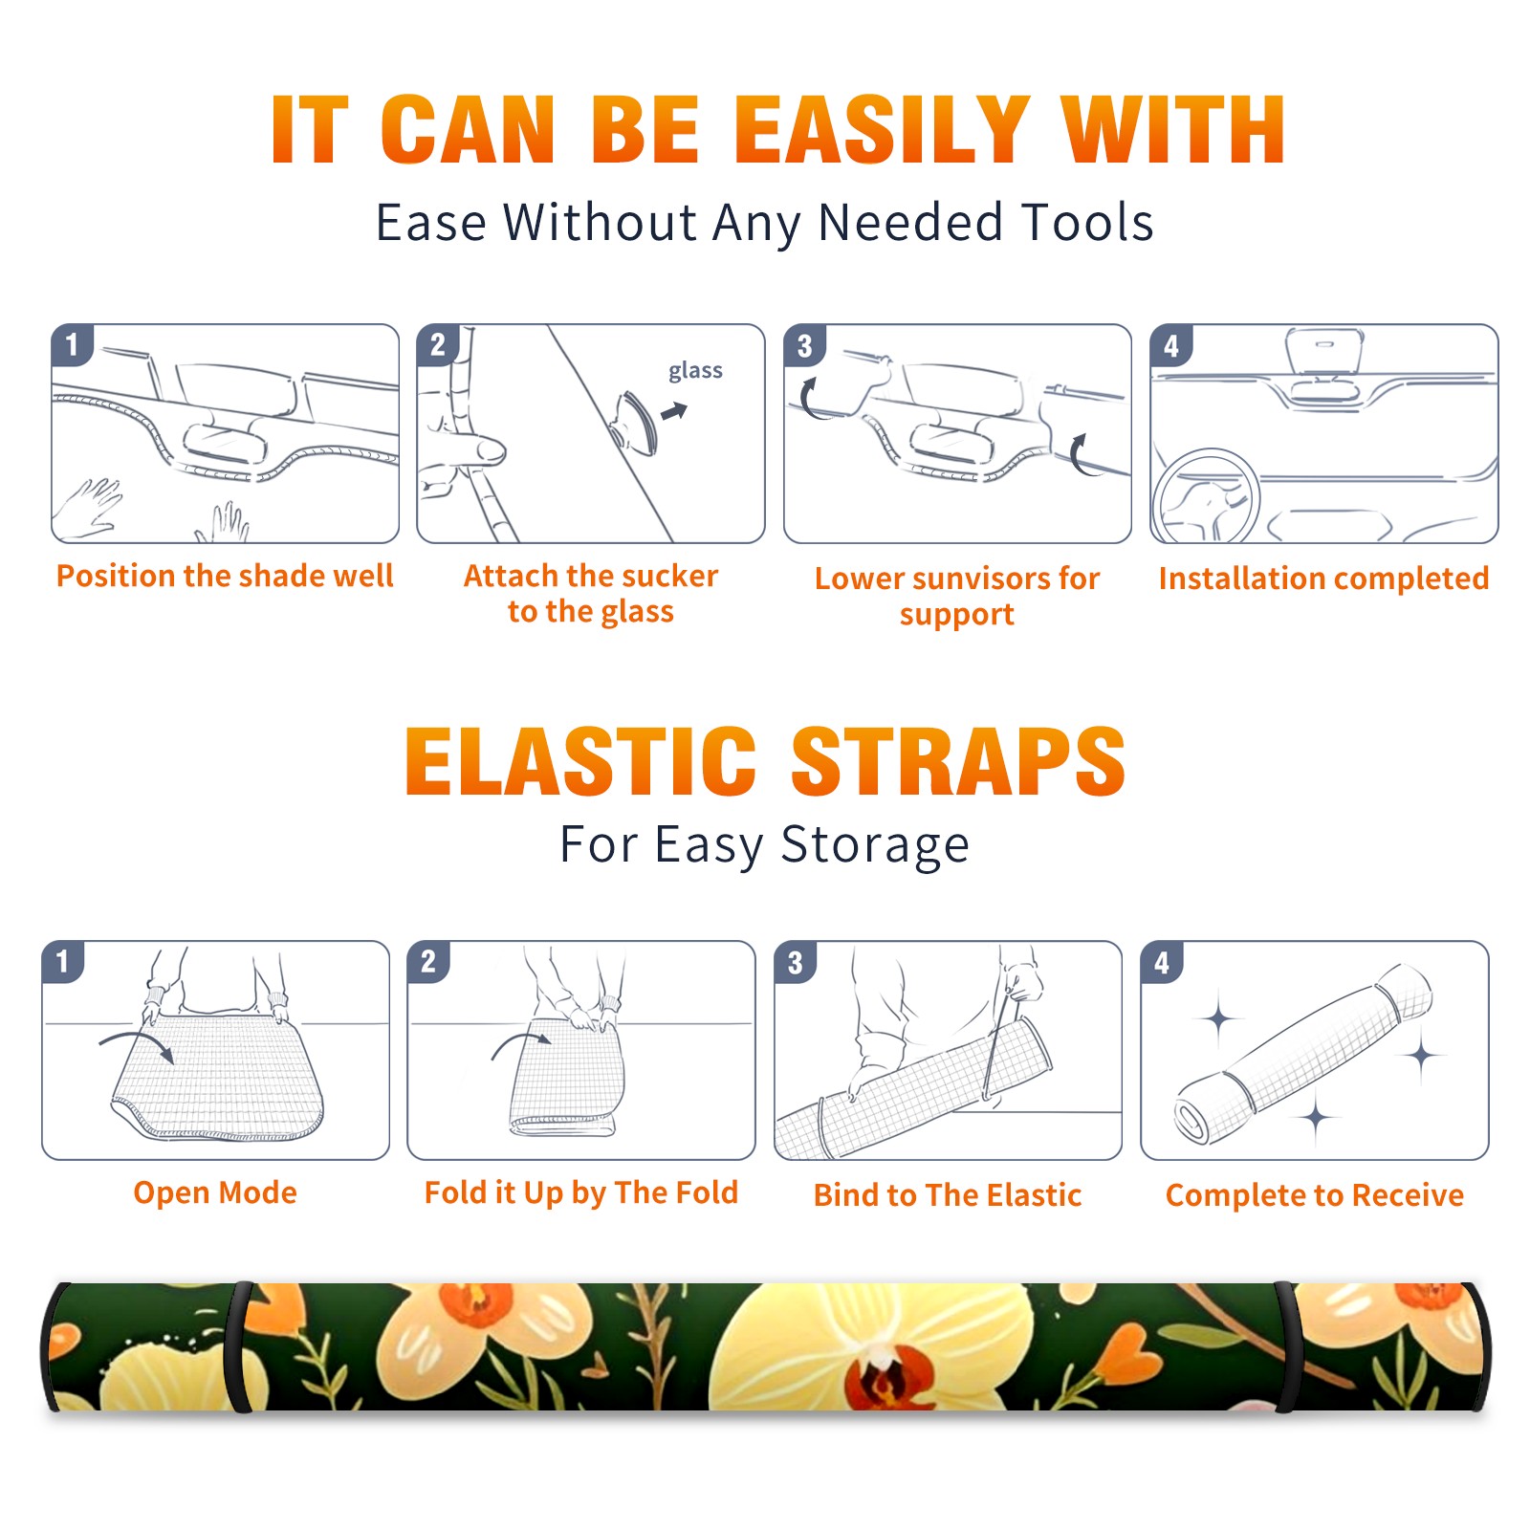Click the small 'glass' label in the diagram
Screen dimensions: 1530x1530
point(695,370)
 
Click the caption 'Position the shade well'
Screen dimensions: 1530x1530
point(225,576)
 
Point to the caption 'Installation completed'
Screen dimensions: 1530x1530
point(1323,578)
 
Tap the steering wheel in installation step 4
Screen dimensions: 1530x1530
point(1206,497)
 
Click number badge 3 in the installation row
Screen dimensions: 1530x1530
point(804,345)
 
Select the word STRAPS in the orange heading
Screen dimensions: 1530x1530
point(958,761)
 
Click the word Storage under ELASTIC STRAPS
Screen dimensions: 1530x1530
point(875,844)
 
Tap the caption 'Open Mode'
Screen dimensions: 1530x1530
point(215,1192)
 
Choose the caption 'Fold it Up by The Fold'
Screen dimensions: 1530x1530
point(581,1192)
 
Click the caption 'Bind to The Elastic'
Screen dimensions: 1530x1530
point(948,1194)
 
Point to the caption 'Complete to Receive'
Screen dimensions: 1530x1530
point(1315,1194)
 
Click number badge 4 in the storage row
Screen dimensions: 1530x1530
point(1162,962)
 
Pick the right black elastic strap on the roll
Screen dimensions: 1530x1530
point(1287,1347)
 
